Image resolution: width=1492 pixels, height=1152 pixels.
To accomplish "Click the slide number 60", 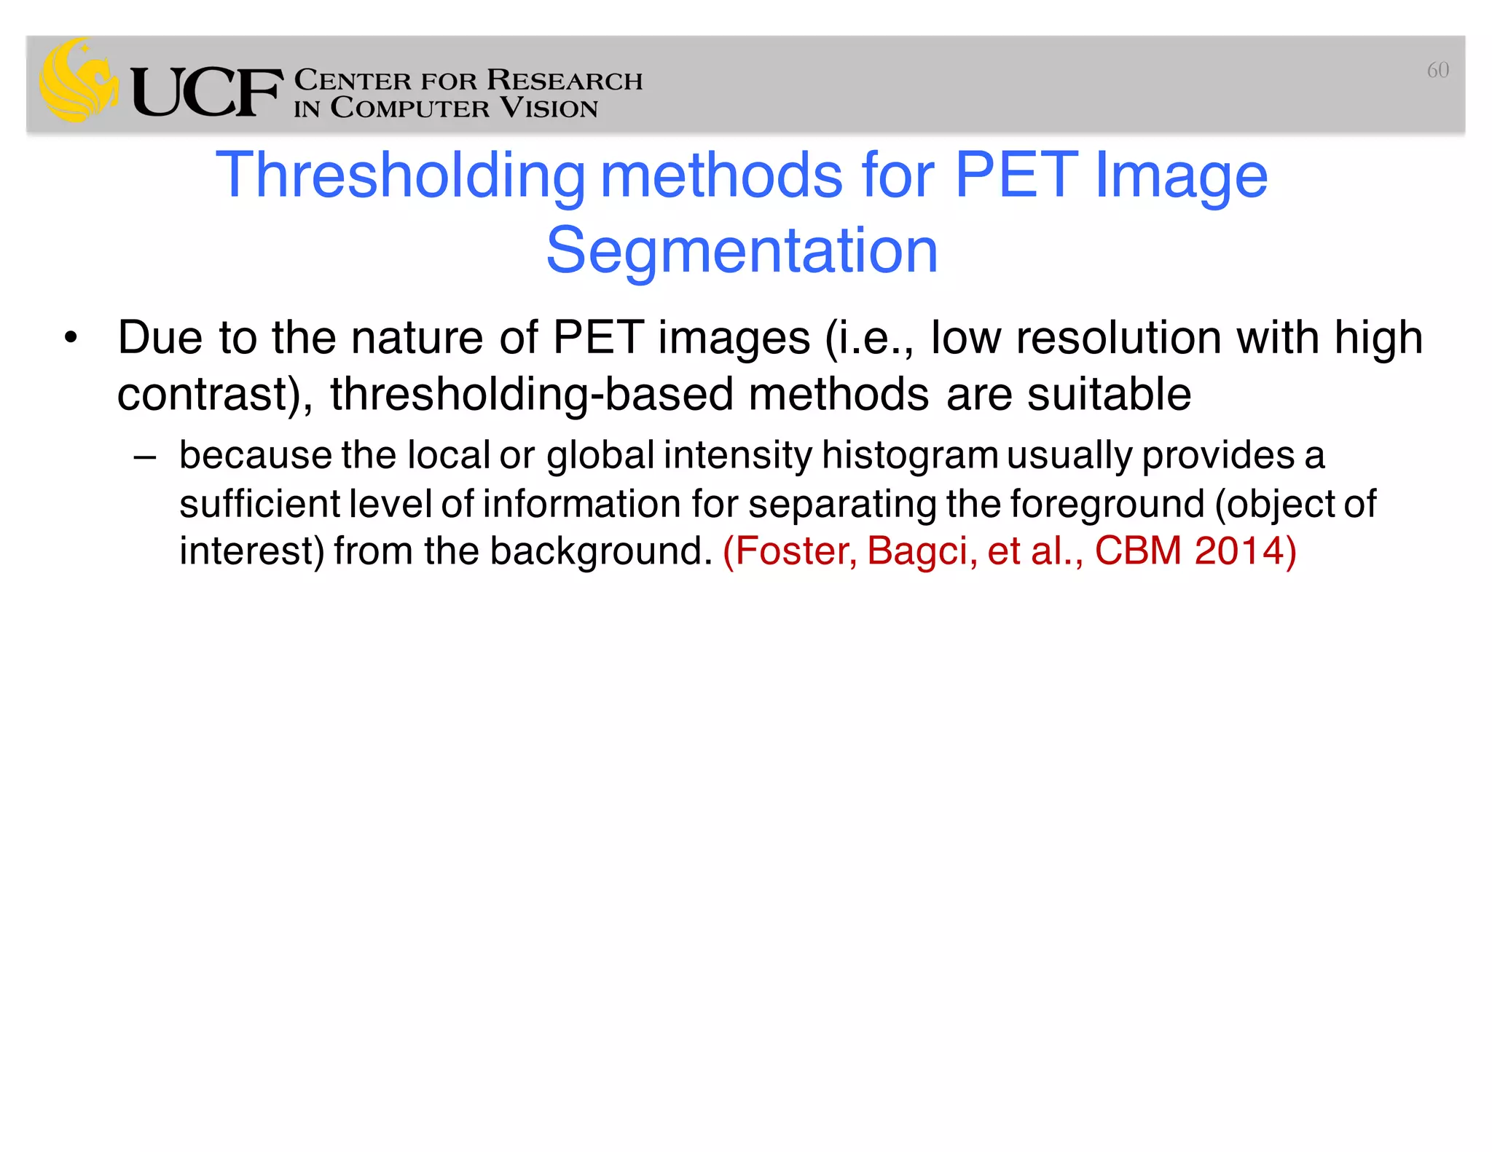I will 1437,70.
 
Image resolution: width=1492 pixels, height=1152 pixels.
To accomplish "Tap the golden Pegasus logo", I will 79,80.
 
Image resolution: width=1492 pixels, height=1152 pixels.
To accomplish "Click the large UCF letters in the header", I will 207,92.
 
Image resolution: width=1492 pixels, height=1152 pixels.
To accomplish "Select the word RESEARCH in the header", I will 565,80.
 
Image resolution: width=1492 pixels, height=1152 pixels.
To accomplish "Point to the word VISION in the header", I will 549,109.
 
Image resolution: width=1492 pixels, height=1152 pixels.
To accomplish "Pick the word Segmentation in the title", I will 742,251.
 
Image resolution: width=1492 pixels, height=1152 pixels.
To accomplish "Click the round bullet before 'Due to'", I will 70,338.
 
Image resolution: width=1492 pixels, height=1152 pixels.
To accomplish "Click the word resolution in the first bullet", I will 1118,338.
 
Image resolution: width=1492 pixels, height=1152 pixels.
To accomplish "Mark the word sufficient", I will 259,504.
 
